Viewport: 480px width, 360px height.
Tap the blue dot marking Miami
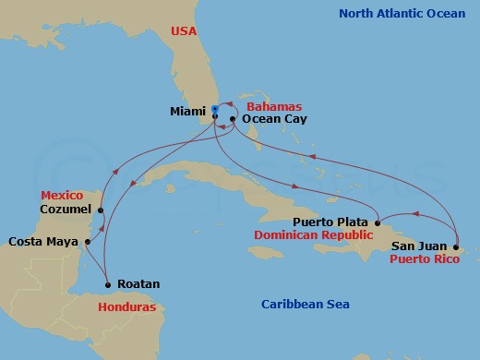[214, 109]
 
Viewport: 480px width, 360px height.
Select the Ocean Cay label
[268, 119]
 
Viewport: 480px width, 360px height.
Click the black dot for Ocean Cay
[233, 119]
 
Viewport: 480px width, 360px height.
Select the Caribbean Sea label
[305, 304]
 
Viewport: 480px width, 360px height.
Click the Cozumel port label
[66, 209]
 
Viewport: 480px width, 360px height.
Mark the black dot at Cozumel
[102, 210]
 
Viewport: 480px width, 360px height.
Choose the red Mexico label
[62, 196]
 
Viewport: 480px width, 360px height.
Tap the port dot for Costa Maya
[85, 243]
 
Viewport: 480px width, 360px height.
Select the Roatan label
[139, 284]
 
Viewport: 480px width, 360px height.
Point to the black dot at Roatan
[108, 284]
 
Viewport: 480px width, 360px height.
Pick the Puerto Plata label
[331, 222]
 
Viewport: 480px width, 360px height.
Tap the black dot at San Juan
[456, 246]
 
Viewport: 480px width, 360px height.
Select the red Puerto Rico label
[424, 259]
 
